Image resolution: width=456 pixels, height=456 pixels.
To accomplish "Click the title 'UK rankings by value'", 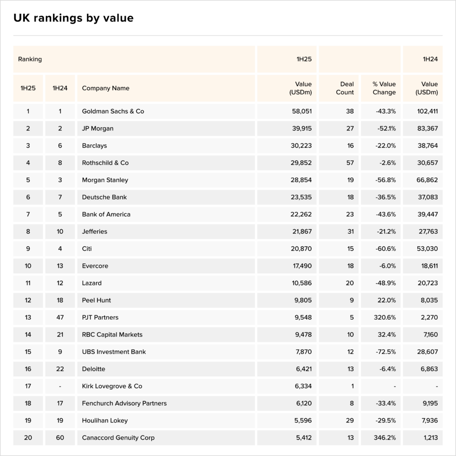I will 73,18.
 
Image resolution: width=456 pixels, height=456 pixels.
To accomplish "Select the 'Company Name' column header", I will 106,88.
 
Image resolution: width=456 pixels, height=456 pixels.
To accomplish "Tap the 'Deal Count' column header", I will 347,88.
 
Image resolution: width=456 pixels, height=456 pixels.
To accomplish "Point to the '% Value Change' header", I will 384,88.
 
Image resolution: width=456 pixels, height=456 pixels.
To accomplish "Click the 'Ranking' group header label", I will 30,59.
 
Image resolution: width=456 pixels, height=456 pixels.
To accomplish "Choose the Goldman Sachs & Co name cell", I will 113,111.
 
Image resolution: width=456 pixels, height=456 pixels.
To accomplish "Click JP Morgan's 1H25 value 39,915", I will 301,129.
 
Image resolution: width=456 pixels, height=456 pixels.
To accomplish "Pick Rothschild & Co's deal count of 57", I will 350,163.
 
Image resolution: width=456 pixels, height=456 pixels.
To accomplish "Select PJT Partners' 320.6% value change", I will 385,318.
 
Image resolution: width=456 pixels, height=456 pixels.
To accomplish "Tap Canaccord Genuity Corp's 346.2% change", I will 385,438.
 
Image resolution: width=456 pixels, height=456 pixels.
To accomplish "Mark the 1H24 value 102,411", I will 426,111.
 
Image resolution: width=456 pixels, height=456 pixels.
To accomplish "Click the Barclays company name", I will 94,146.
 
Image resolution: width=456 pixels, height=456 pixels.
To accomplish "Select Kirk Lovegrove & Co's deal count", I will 352,386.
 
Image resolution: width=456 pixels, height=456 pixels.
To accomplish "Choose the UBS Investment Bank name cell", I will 114,352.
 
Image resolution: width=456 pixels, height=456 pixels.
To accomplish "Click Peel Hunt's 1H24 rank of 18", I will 60,301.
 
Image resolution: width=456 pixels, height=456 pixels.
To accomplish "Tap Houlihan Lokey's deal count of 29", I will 350,420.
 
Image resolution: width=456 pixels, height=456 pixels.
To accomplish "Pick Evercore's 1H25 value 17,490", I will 301,266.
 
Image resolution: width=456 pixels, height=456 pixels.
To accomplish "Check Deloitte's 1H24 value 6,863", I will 428,369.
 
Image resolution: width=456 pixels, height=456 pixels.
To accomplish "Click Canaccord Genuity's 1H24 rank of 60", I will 60,438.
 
